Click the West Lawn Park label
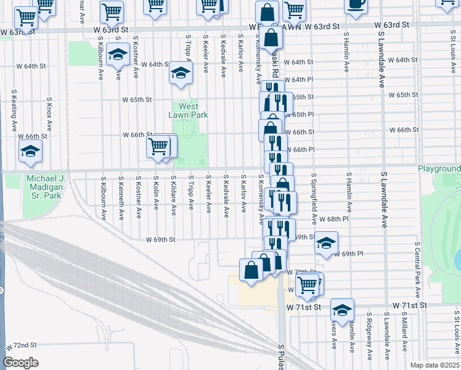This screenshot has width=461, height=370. pos(189,110)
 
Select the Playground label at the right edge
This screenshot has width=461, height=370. pos(439,168)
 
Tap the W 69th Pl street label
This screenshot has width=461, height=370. pos(354,253)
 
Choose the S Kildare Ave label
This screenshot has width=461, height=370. pos(174,198)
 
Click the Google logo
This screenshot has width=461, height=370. pos(20,363)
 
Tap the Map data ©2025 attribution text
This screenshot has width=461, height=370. pos(434,365)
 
